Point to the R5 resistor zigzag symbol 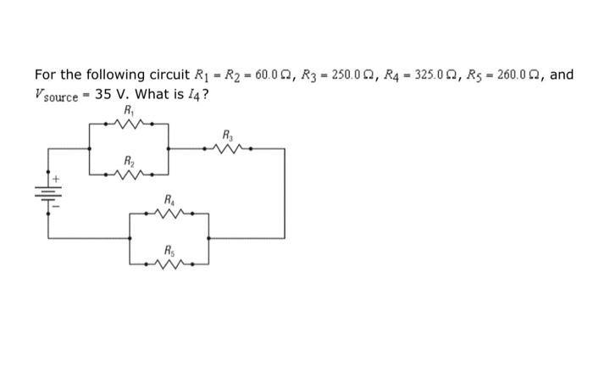(169, 263)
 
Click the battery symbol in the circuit (47, 195)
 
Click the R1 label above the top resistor (128, 110)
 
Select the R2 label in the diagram (128, 160)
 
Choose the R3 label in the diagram (227, 135)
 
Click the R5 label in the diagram (169, 251)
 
